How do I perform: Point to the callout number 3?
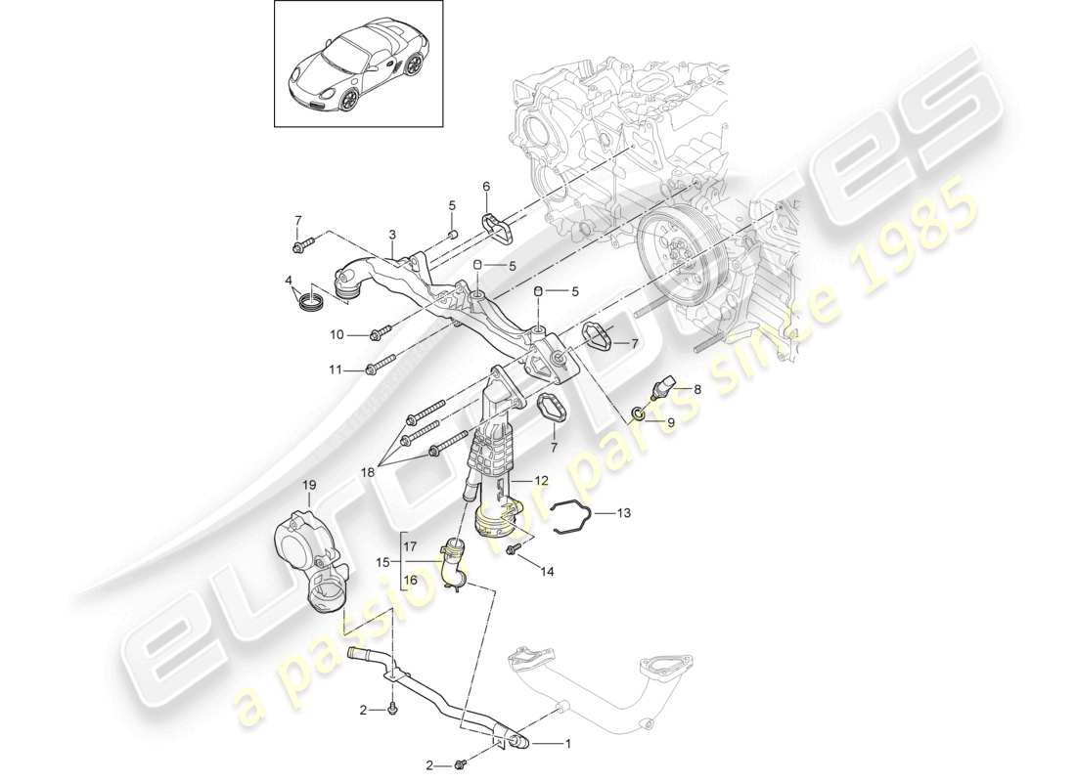click(392, 236)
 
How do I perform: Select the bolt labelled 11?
click(378, 369)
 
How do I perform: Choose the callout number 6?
click(486, 187)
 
